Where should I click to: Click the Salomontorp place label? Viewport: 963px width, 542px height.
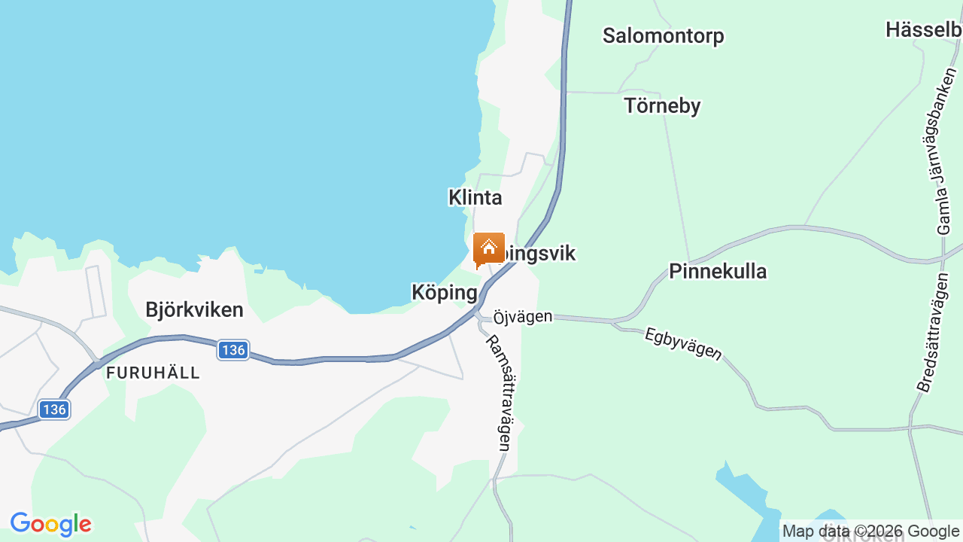point(663,35)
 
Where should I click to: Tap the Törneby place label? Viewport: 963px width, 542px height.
point(662,106)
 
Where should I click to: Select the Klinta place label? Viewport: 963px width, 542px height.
point(475,197)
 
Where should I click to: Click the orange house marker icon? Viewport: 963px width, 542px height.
point(489,248)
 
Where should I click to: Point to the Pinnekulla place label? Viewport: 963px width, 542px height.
point(718,271)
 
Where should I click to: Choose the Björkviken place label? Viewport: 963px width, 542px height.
point(194,310)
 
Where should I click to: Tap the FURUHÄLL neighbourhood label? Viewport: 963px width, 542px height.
point(153,373)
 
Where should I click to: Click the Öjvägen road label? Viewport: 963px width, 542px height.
point(523,317)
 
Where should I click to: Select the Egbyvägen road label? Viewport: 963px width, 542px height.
point(683,343)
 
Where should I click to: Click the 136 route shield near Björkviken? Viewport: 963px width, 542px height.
point(233,350)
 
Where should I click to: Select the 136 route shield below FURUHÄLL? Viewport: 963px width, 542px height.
point(54,410)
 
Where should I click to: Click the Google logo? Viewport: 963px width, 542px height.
point(50,524)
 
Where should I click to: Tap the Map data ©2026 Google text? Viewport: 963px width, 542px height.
point(870,531)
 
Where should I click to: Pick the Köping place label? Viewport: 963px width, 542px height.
point(445,292)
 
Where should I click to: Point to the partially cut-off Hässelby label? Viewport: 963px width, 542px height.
point(924,30)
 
